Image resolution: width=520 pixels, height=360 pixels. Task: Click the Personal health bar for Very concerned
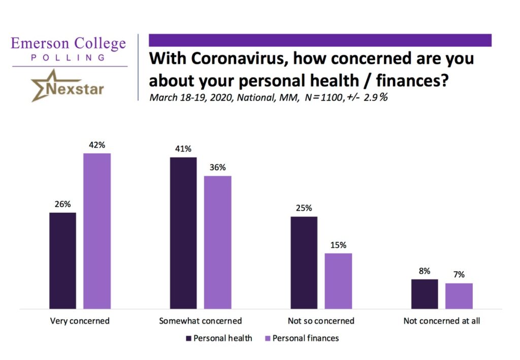[x=62, y=260]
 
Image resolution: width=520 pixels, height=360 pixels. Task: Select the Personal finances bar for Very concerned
[x=97, y=231]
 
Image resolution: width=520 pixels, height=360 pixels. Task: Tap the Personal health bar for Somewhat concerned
[x=183, y=233]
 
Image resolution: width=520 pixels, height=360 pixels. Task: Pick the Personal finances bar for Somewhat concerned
[x=218, y=242]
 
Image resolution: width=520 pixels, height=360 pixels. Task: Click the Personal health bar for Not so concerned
[x=304, y=263]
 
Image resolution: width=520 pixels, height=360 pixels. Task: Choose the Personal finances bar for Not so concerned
[x=338, y=281]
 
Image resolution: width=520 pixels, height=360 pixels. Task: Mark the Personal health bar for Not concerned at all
[x=425, y=293]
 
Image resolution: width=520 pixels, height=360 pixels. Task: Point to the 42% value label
[x=97, y=145]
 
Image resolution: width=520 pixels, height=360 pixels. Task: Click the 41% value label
[x=183, y=149]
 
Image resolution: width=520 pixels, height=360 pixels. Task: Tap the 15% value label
[x=338, y=245]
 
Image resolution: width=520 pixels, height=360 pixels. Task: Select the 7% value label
[x=459, y=275]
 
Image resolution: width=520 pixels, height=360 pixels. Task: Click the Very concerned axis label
[x=80, y=321]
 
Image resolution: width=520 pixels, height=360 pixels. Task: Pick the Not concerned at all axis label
[x=441, y=321]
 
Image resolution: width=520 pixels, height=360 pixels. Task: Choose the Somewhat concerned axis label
[x=200, y=321]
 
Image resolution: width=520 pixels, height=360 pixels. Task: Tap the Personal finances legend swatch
[x=268, y=338]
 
